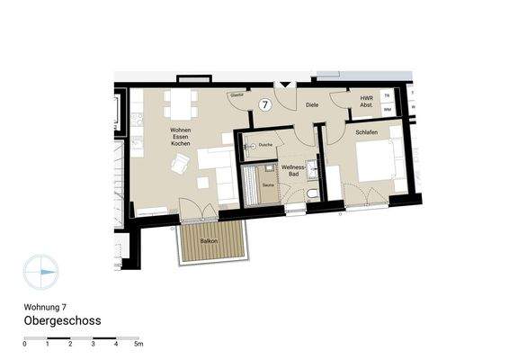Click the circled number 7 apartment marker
(265, 104)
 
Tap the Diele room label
(312, 104)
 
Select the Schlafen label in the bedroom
(365, 131)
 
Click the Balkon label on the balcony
(209, 241)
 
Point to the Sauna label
(267, 184)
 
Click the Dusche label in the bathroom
(265, 145)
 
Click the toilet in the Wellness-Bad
(311, 194)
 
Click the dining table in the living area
(183, 106)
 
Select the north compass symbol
(40, 272)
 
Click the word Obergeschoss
(62, 320)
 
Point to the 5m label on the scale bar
(138, 344)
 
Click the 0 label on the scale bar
(24, 344)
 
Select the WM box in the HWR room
(387, 109)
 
